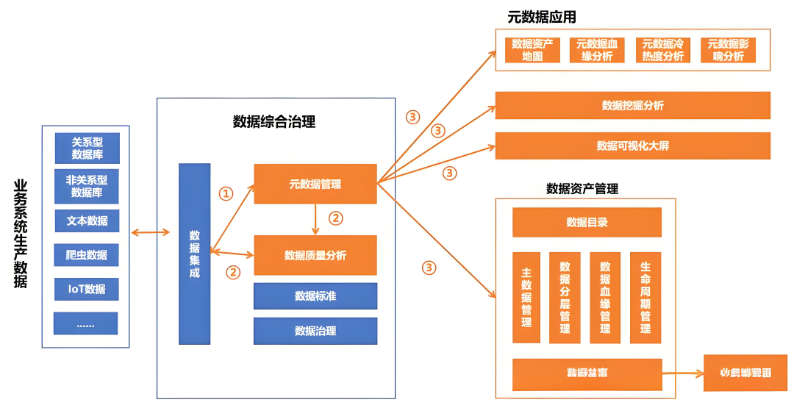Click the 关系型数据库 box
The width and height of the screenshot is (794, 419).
pos(87,148)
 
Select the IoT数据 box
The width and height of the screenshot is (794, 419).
pos(87,289)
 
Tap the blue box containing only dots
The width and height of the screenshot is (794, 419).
pos(85,323)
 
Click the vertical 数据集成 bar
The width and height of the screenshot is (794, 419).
pos(194,254)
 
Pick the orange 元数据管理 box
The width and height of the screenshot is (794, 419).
pos(315,184)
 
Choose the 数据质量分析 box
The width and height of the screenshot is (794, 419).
pos(315,255)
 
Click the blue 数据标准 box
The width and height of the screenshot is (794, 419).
pos(315,296)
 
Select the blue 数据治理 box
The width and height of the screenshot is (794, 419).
pos(315,331)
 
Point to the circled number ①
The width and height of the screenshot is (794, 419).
pos(226,193)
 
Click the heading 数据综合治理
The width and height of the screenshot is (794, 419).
pos(274,122)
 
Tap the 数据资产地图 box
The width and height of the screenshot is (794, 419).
pos(532,50)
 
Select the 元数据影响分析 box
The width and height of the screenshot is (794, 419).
pos(728,50)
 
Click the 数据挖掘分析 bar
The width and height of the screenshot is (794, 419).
pos(632,105)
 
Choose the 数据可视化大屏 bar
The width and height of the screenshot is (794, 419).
pos(632,146)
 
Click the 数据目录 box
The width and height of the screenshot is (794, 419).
pos(587,222)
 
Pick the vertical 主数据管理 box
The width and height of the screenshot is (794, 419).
pos(526,298)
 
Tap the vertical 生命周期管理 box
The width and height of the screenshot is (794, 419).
pos(645,298)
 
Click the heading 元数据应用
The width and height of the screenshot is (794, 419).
pos(541,17)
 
